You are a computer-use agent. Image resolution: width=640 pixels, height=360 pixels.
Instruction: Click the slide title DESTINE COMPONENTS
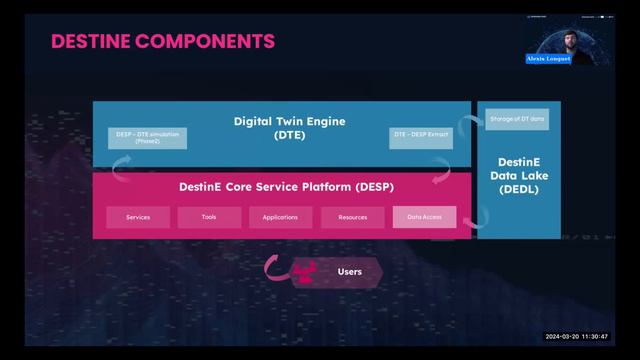click(162, 41)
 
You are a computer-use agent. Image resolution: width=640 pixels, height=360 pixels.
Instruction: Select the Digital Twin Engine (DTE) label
click(289, 127)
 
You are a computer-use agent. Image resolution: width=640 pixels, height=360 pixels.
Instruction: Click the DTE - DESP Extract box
click(421, 133)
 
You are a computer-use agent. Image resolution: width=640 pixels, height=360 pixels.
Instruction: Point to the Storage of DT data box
click(516, 120)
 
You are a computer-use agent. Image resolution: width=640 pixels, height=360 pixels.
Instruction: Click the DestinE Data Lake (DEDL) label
click(518, 175)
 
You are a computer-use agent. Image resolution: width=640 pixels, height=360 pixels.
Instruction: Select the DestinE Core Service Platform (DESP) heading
click(280, 187)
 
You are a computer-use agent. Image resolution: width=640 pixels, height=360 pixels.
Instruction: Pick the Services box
click(138, 217)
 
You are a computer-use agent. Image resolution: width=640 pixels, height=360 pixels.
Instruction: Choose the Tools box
click(208, 217)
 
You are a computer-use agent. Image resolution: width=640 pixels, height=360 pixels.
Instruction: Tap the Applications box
click(280, 217)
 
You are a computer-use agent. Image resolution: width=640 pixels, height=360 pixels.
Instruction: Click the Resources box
click(352, 217)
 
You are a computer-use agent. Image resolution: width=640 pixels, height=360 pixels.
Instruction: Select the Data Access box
click(424, 217)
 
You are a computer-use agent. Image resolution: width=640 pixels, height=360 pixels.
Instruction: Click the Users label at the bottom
click(350, 271)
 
